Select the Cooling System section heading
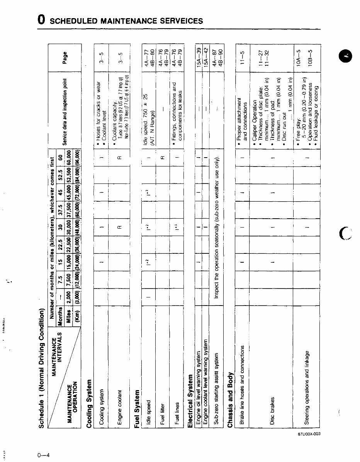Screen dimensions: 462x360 click(90, 404)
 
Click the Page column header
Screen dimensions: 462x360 click(65, 58)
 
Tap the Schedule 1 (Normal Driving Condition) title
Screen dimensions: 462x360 click(42, 368)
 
